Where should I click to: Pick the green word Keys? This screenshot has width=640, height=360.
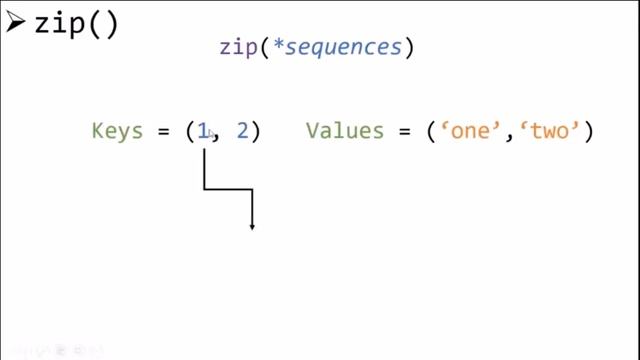coord(117,131)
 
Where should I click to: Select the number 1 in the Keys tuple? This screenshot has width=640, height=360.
coord(203,131)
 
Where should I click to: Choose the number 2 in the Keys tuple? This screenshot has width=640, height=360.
coord(241,131)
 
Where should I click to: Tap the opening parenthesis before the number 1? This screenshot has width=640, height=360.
coord(190,132)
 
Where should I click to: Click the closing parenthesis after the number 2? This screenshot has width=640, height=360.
coord(255,132)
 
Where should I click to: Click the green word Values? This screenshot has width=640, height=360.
coord(344,131)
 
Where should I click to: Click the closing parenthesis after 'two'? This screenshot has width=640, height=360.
coord(588,132)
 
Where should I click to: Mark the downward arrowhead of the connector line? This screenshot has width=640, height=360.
coord(252,227)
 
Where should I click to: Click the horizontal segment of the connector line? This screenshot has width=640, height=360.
coord(228,188)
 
